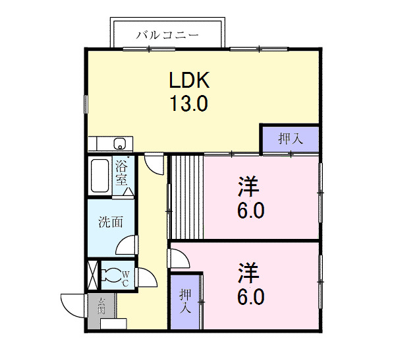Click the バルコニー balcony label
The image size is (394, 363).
point(167,35)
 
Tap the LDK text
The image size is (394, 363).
point(189,81)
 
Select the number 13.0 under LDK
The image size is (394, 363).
point(189,104)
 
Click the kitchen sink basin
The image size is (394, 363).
point(120,144)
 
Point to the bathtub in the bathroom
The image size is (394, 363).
point(100,176)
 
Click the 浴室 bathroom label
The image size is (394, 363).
point(122,173)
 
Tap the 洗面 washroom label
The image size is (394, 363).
point(110,222)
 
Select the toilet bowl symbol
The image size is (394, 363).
point(113,274)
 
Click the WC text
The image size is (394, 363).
point(127,276)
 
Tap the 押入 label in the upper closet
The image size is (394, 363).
point(290,139)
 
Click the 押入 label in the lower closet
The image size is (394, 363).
point(185,301)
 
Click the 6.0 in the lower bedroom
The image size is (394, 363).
point(250,296)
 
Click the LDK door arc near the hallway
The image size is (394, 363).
point(155,164)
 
